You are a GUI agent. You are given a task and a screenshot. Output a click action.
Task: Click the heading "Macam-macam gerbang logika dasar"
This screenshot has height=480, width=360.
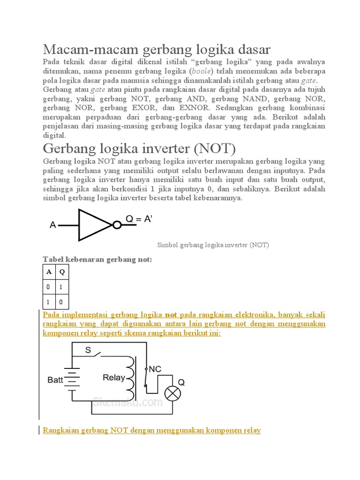pyautogui.click(x=157, y=49)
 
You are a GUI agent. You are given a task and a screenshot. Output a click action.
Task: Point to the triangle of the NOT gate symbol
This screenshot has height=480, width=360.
pyautogui.click(x=94, y=225)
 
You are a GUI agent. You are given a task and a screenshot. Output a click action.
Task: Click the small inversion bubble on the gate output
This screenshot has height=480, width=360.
pyautogui.click(x=117, y=225)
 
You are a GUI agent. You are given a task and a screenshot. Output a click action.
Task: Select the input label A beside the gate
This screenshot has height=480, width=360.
pyautogui.click(x=53, y=226)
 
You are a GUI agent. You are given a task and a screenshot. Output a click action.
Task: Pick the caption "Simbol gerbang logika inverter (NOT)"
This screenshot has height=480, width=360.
pyautogui.click(x=212, y=245)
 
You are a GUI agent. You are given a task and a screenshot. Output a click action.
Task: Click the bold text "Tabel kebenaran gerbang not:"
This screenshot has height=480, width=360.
pyautogui.click(x=97, y=259)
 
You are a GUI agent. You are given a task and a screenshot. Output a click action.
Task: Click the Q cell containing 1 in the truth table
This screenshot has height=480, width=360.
pyautogui.click(x=62, y=287)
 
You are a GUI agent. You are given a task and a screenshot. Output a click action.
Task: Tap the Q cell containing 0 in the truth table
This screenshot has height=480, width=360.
pyautogui.click(x=62, y=301)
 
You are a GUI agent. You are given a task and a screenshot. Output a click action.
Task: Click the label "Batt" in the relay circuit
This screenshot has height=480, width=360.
pyautogui.click(x=55, y=380)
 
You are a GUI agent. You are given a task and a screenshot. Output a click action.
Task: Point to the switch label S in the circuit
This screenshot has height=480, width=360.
pyautogui.click(x=88, y=350)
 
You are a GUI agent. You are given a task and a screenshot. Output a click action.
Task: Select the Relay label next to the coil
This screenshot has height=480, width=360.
pyautogui.click(x=114, y=377)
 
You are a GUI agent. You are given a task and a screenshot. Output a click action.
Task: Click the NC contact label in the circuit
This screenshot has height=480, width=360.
pyautogui.click(x=155, y=369)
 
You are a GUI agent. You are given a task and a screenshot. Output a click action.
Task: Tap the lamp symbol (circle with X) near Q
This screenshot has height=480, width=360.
pyautogui.click(x=173, y=394)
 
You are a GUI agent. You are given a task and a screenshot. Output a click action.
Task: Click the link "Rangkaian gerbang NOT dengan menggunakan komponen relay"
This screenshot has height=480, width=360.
pyautogui.click(x=152, y=430)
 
